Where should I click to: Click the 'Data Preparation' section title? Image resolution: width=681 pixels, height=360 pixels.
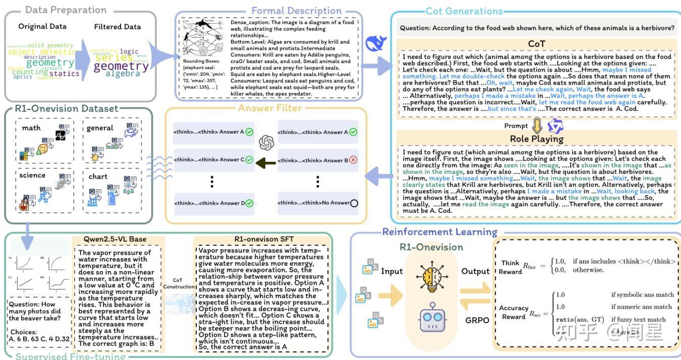coord(66,10)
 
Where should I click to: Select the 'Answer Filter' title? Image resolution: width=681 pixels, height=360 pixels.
coord(270,108)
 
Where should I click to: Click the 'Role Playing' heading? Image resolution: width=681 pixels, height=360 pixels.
coord(536,138)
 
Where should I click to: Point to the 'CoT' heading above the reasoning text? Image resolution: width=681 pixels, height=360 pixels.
coord(536,44)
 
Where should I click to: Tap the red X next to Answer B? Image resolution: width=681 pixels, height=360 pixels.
coord(353,160)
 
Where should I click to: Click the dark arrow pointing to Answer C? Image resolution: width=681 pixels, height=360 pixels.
coord(266,162)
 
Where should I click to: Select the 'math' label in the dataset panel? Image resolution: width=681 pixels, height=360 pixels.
coord(31,128)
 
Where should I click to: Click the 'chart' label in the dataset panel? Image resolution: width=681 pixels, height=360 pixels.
coord(98,176)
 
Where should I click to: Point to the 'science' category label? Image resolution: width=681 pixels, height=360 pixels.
coord(33,175)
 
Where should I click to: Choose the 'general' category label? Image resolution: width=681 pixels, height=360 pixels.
coord(100,128)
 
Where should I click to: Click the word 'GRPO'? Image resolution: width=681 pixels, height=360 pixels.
coord(477,320)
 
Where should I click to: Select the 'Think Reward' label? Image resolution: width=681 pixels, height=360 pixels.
coord(510,267)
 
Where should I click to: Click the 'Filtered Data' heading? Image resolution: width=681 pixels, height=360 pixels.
coord(118,27)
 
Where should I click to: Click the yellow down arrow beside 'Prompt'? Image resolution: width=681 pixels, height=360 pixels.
coord(537,126)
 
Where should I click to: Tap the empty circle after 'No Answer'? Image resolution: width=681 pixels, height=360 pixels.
coord(354,203)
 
